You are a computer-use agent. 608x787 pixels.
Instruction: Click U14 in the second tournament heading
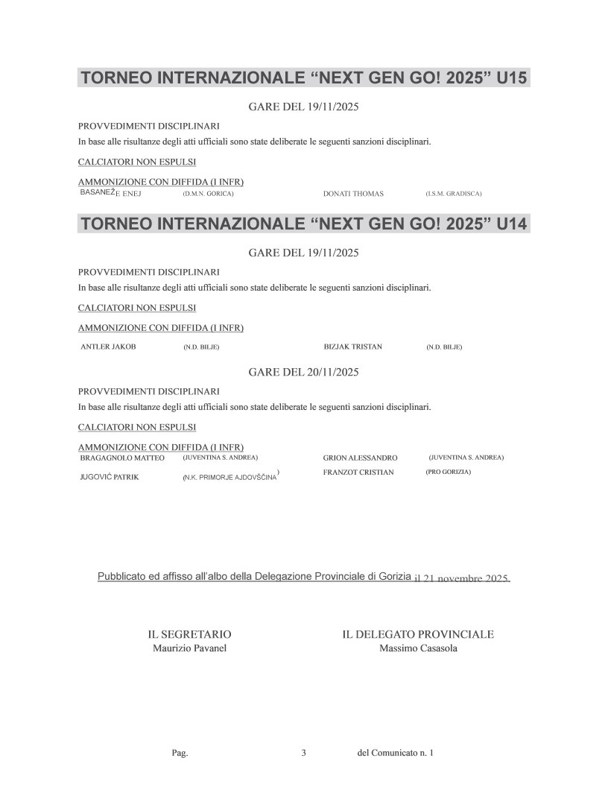[511, 224]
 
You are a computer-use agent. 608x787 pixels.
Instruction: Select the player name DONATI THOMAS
[353, 194]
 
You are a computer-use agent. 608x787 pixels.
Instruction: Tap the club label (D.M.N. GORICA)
[209, 194]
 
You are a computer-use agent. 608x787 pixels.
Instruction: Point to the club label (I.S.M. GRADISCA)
[454, 194]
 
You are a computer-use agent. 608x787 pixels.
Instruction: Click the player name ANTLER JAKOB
[108, 347]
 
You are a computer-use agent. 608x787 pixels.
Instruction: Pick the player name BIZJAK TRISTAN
[352, 347]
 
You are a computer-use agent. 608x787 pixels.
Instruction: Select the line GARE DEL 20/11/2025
[303, 372]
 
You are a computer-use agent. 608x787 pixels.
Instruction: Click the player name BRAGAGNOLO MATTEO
[121, 458]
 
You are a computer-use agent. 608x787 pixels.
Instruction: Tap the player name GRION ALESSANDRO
[360, 458]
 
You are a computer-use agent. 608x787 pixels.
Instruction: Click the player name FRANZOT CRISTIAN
[358, 472]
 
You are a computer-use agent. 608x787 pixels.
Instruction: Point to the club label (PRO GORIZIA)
[448, 472]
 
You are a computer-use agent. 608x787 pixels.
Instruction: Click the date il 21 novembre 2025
[461, 579]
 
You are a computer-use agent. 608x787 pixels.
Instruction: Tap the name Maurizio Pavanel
[189, 648]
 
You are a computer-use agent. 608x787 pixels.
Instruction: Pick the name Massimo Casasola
[418, 648]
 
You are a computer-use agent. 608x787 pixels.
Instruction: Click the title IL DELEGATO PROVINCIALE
[418, 634]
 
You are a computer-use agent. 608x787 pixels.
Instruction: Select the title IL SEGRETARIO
[189, 634]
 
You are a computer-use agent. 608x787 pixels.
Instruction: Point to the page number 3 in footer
[304, 753]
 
